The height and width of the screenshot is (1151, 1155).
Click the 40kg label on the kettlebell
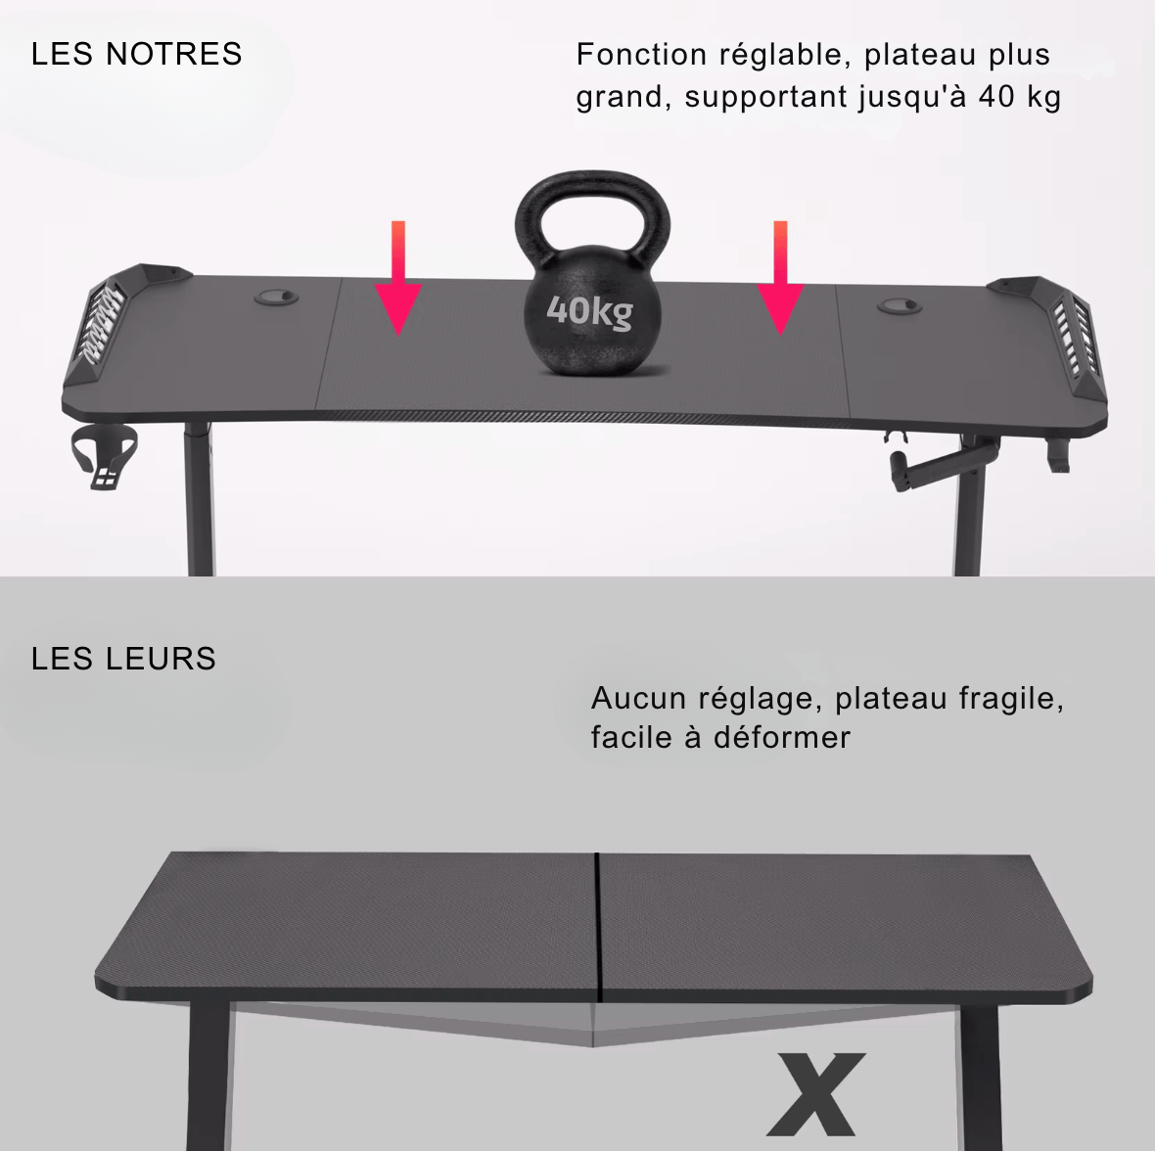(x=589, y=311)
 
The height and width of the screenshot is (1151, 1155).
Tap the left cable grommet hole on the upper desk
(x=277, y=297)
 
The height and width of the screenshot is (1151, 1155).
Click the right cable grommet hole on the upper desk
(x=899, y=306)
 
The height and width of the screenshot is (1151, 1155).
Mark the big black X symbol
(x=816, y=1093)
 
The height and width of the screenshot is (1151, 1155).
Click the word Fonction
(x=641, y=55)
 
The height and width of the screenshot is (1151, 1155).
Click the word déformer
(x=782, y=737)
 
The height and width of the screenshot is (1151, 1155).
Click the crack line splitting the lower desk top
(x=596, y=925)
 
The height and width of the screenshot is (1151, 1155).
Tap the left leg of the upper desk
(x=199, y=499)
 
